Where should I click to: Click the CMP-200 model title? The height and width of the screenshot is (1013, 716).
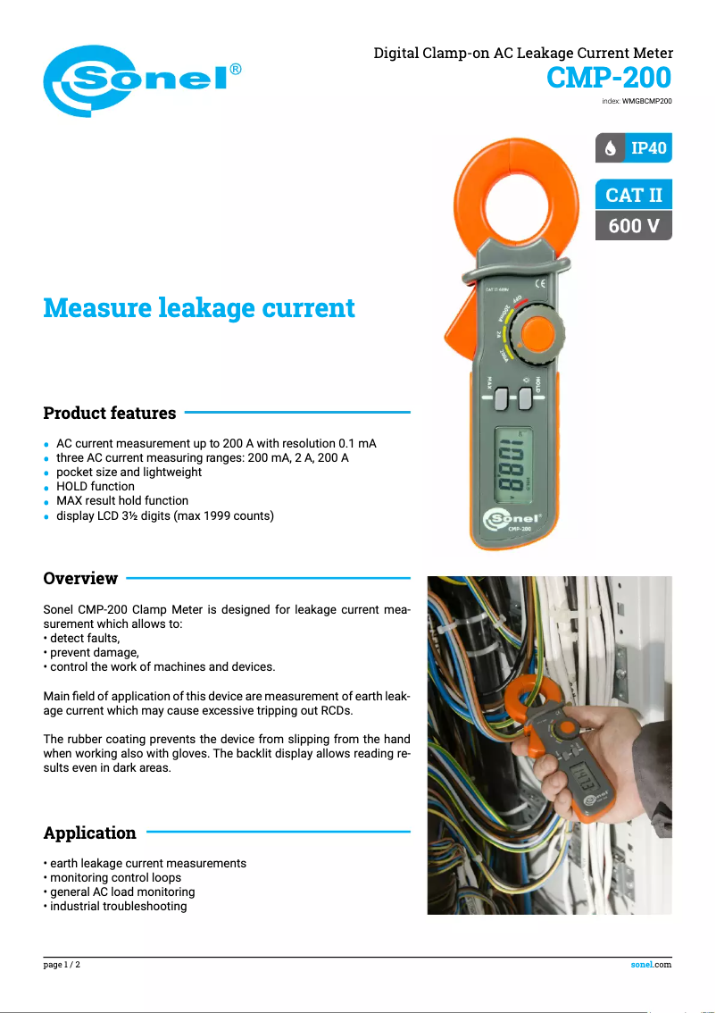click(609, 79)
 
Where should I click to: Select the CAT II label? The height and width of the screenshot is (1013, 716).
click(634, 196)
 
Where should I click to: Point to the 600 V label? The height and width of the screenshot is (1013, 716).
click(634, 226)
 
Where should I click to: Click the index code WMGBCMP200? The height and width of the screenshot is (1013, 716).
click(646, 102)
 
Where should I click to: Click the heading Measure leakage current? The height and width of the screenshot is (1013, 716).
click(199, 308)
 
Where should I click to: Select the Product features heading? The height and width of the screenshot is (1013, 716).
click(110, 414)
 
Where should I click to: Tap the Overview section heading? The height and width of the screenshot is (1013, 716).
click(80, 579)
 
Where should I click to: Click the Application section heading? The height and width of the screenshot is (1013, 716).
click(90, 833)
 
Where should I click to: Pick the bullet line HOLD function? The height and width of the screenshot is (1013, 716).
click(96, 487)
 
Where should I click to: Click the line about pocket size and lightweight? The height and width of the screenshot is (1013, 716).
click(129, 472)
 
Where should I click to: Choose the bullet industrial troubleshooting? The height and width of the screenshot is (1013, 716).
click(119, 907)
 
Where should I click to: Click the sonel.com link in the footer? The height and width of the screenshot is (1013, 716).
click(651, 965)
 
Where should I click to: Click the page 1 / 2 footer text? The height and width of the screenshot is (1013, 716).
click(62, 965)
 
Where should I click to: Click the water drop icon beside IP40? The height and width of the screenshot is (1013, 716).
click(611, 148)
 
